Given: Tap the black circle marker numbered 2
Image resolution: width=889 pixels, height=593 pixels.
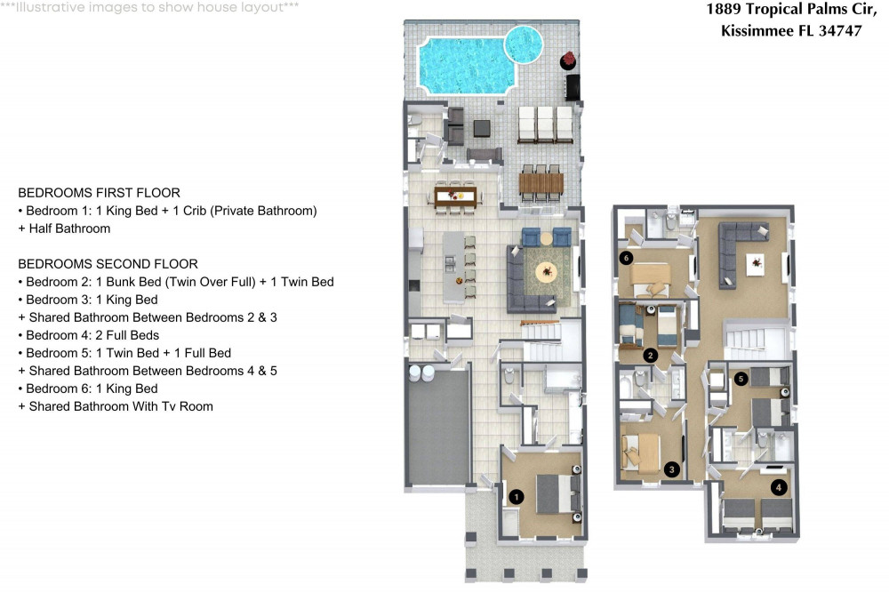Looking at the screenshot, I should tap(651, 356).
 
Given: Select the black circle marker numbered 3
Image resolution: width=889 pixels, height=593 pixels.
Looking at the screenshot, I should tap(672, 469).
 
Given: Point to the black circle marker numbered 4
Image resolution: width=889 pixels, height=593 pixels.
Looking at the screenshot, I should tap(780, 486).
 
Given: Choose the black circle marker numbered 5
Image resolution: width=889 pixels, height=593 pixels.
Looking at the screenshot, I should tap(741, 378).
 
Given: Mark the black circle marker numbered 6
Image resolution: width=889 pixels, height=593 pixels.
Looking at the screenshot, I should tap(627, 259).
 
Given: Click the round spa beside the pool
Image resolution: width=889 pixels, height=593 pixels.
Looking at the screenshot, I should tap(524, 41).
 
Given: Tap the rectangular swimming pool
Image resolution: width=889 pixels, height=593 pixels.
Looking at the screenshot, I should tap(462, 65).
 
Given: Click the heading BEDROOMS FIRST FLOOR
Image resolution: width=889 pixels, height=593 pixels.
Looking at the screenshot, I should tap(99, 193).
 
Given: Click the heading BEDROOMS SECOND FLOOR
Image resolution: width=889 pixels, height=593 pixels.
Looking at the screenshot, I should tap(108, 264).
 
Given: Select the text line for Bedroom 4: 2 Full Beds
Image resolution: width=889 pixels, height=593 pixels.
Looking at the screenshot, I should tap(88, 335).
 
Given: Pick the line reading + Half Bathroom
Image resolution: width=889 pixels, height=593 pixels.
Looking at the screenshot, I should tap(64, 228).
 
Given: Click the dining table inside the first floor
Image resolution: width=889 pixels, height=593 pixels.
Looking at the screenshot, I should tap(456, 195).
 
